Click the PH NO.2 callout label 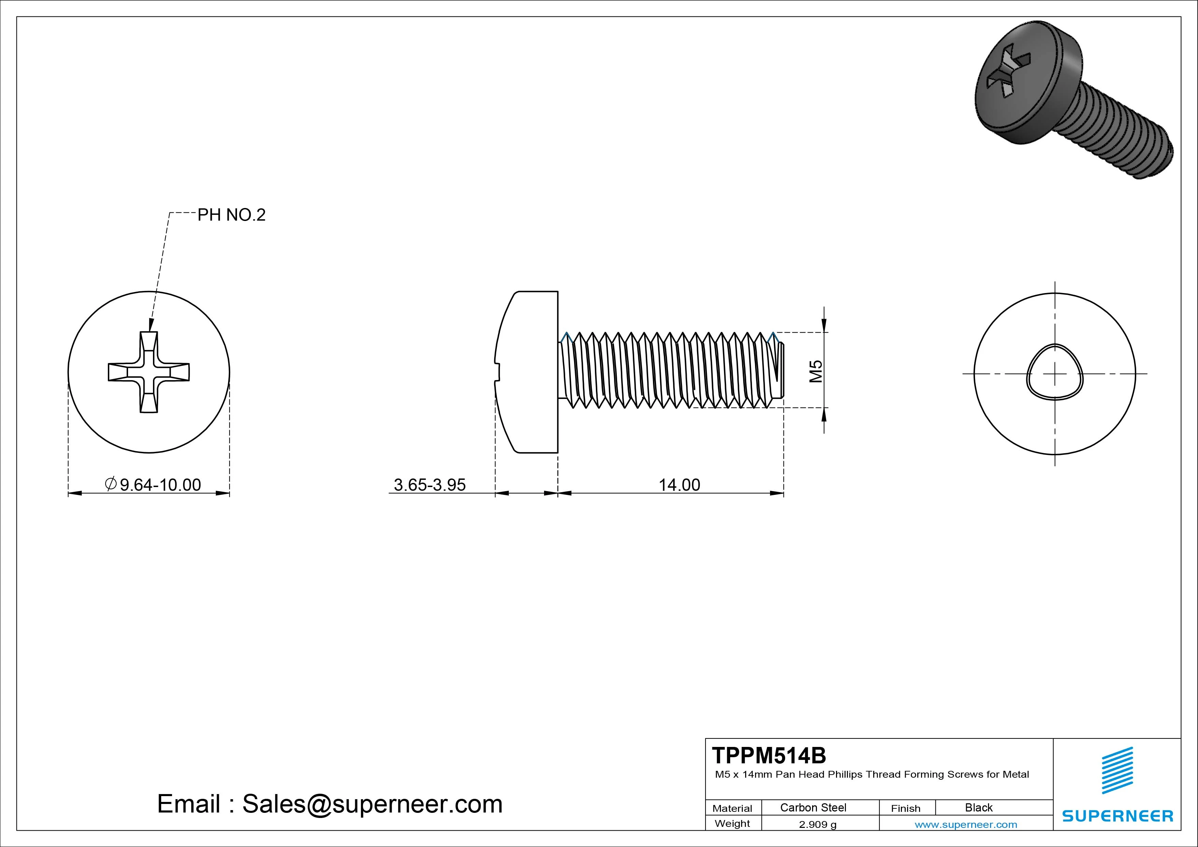point(231,215)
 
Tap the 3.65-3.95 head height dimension point(429,485)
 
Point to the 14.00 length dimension point(679,485)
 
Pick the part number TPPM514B point(769,755)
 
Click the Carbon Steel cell point(813,807)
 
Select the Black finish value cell point(978,807)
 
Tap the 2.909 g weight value point(818,824)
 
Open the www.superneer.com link point(966,824)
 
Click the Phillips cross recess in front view point(149,372)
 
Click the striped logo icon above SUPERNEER point(1117,771)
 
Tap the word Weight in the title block point(732,823)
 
